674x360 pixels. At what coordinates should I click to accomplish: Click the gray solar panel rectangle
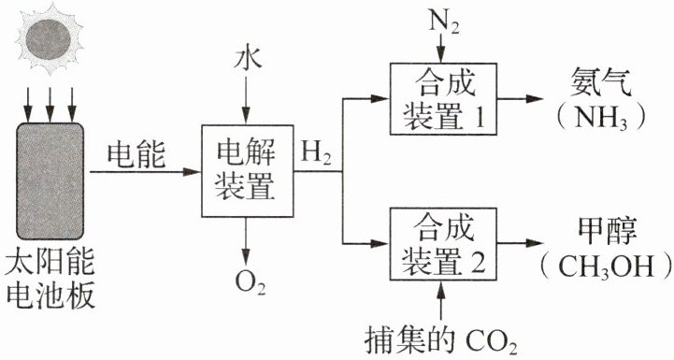(50, 181)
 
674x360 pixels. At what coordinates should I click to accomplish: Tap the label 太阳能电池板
(50, 280)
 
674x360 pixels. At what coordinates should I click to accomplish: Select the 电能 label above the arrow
(136, 155)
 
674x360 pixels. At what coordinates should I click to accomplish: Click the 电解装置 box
(247, 171)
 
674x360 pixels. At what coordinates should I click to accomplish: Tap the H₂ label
(316, 153)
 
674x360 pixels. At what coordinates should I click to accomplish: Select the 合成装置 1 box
(443, 99)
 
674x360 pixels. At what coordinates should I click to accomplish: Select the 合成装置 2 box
(443, 244)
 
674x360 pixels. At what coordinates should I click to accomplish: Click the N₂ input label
(444, 22)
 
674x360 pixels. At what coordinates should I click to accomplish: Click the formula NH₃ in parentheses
(601, 117)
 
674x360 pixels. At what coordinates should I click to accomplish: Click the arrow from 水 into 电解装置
(246, 98)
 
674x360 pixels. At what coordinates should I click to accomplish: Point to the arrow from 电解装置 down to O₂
(246, 241)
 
